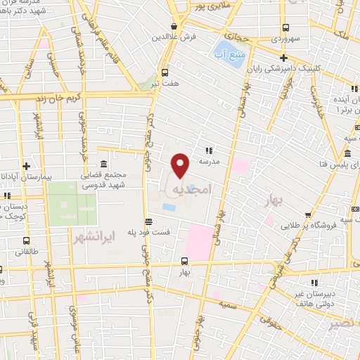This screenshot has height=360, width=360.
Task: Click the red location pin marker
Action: (x=181, y=165)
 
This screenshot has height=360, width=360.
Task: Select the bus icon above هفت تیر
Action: (x=165, y=72)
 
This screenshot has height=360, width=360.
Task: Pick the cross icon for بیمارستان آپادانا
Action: (x=26, y=166)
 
